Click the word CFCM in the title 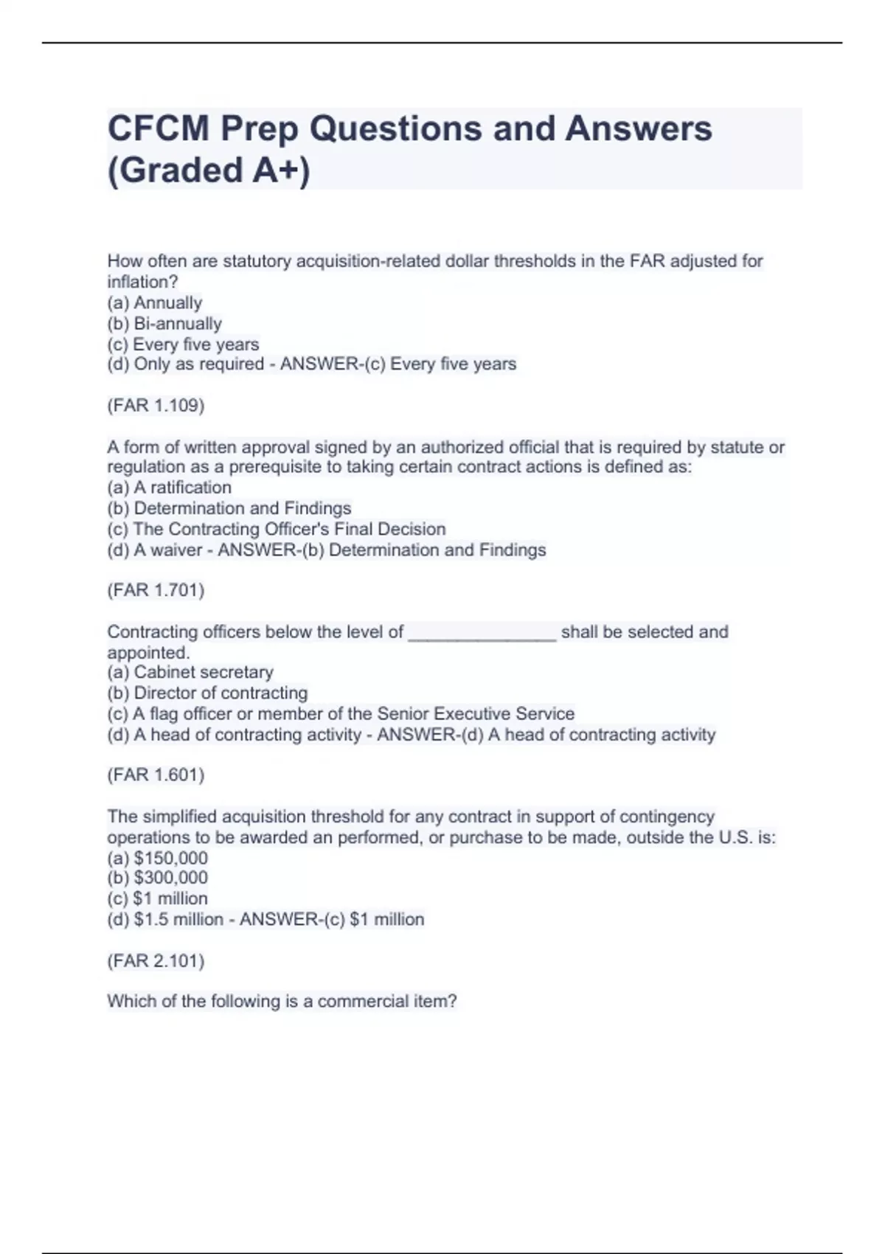[158, 129]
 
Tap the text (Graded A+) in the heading [209, 170]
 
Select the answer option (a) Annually [155, 302]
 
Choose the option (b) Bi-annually [164, 323]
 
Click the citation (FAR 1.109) [156, 405]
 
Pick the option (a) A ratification [170, 488]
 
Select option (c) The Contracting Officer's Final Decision [277, 529]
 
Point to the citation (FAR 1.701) [156, 590]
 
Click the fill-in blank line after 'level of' [482, 633]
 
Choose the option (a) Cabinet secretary [190, 672]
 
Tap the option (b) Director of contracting [207, 693]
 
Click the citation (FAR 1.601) [156, 775]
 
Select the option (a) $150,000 [158, 858]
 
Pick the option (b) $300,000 [158, 878]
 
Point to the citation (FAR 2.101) [156, 960]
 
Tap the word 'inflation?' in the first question [143, 282]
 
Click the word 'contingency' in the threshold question [667, 817]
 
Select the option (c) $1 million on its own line [158, 898]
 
